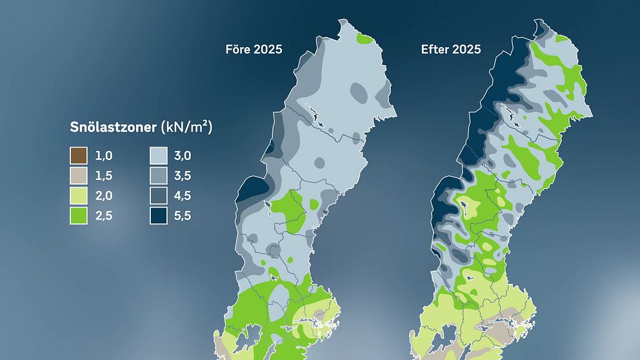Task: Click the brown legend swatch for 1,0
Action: pyautogui.click(x=79, y=155)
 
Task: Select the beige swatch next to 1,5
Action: pyautogui.click(x=79, y=175)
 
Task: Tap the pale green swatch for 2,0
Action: pyautogui.click(x=79, y=195)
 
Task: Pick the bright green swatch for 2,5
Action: pyautogui.click(x=79, y=215)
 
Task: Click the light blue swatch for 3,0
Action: pyautogui.click(x=159, y=155)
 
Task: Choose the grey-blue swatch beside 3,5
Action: pyautogui.click(x=159, y=175)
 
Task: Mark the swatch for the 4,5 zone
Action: pyautogui.click(x=159, y=195)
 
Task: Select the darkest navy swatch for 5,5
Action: pyautogui.click(x=159, y=215)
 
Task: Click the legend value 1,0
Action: pyautogui.click(x=104, y=156)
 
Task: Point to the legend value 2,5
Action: pyautogui.click(x=104, y=216)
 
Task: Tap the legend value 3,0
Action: pyautogui.click(x=183, y=156)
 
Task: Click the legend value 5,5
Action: pyautogui.click(x=183, y=216)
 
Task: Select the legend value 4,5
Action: pyautogui.click(x=183, y=196)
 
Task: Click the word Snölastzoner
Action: pyautogui.click(x=113, y=128)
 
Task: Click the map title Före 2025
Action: pyautogui.click(x=254, y=50)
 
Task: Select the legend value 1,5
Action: pyautogui.click(x=104, y=176)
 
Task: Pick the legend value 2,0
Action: pyautogui.click(x=104, y=196)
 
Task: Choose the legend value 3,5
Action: pyautogui.click(x=183, y=176)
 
